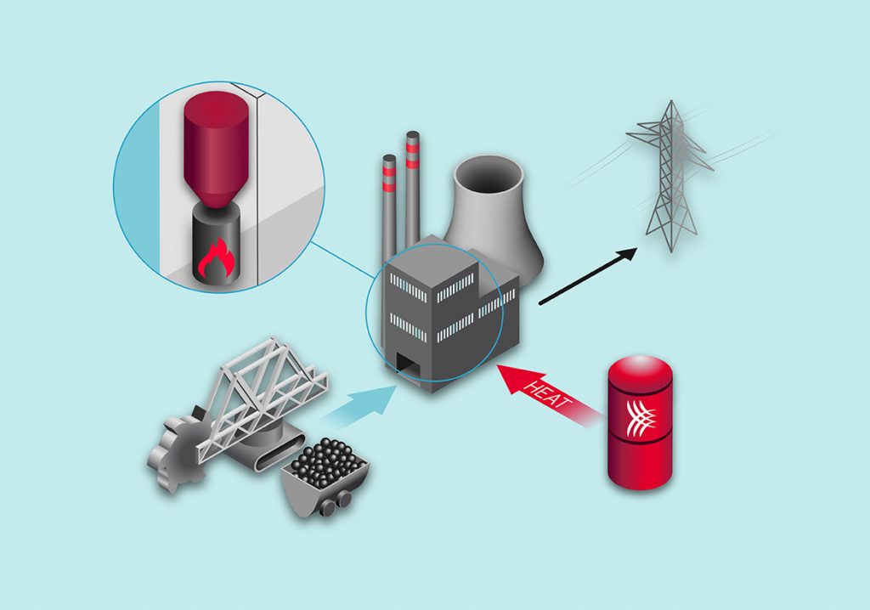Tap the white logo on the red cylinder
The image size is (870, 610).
[x=647, y=415]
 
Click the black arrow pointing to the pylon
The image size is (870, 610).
[x=587, y=277]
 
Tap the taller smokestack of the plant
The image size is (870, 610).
[x=414, y=187]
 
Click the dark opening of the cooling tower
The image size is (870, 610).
[x=489, y=178]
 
